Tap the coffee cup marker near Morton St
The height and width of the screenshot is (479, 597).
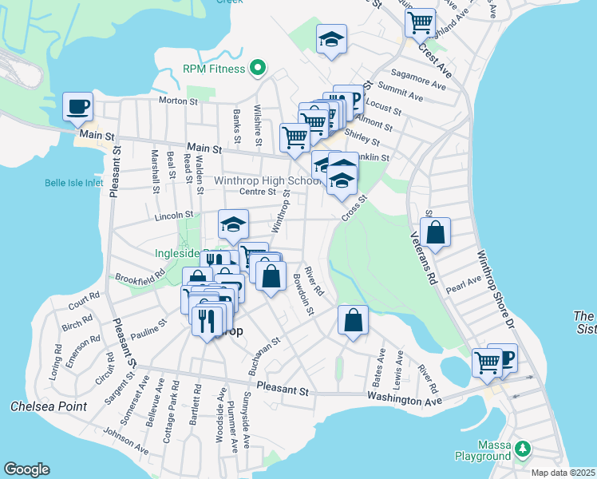click(x=77, y=107)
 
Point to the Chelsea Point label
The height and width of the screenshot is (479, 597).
click(x=48, y=406)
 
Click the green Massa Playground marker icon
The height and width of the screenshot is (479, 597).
click(x=522, y=449)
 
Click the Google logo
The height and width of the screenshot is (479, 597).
click(x=26, y=469)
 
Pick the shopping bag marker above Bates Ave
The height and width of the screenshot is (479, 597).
click(x=353, y=321)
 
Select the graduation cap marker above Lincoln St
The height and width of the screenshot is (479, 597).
click(x=233, y=224)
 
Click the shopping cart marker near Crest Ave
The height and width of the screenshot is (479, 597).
click(x=420, y=22)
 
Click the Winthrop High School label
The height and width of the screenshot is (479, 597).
click(x=256, y=180)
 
